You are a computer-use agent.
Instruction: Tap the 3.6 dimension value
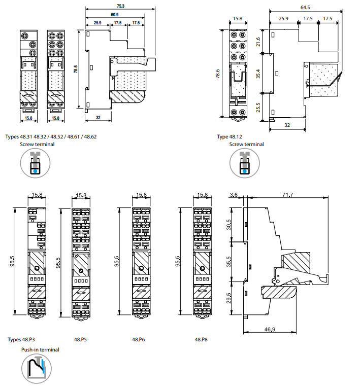pyautogui.click(x=234, y=195)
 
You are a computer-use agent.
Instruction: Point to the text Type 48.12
pyautogui.click(x=230, y=137)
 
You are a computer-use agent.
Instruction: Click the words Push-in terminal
pyautogui.click(x=40, y=349)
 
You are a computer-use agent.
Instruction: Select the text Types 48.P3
pyautogui.click(x=21, y=339)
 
